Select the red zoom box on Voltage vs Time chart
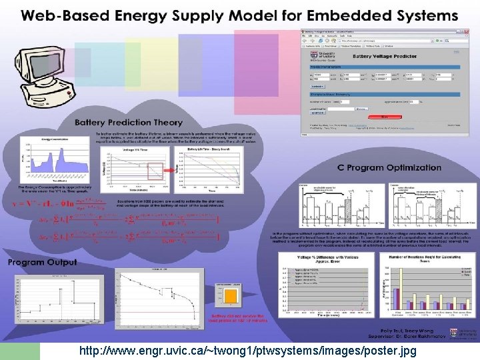151,174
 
